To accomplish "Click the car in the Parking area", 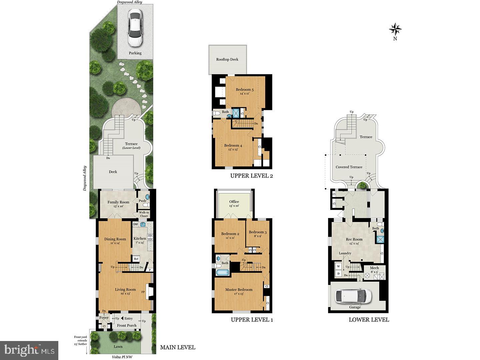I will [x=135, y=29].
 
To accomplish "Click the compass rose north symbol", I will [x=395, y=30].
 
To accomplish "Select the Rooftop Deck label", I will [x=227, y=59].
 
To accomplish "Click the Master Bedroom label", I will [x=239, y=290].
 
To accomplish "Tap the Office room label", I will [x=234, y=202].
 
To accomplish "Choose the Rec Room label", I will [x=354, y=239].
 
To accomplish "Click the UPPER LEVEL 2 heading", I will [x=252, y=176].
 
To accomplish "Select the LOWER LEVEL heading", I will [x=369, y=320].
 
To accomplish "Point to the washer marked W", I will [x=339, y=266].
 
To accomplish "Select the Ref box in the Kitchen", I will [x=136, y=259].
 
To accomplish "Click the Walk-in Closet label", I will [x=144, y=214].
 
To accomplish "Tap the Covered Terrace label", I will [x=349, y=167].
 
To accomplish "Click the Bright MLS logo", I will [x=29, y=350].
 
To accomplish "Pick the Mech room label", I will [x=374, y=268].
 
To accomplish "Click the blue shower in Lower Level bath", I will [x=380, y=239].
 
